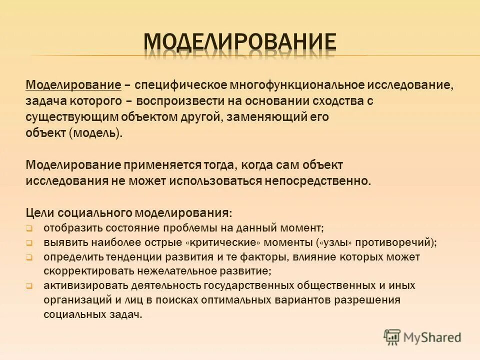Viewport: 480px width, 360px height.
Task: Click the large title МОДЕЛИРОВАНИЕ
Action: tap(240, 42)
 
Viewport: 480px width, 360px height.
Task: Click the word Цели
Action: tap(43, 212)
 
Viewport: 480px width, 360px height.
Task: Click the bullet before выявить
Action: tap(29, 243)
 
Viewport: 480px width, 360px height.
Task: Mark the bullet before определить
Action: tap(29, 258)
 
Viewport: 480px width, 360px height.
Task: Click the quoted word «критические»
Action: tap(228, 243)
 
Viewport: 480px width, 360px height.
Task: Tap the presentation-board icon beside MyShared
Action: tap(392, 337)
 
